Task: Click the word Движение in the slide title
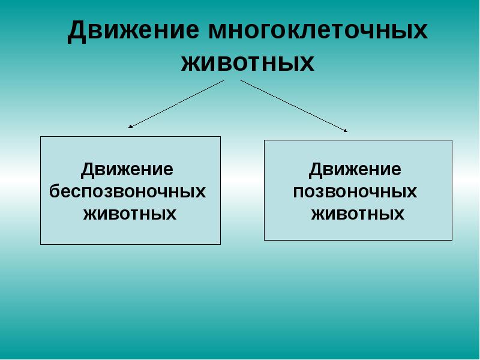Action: pos(133,31)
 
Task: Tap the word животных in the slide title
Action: pos(248,62)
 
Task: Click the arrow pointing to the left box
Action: pos(177,103)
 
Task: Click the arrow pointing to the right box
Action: pos(294,105)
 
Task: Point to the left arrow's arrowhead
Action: pos(131,127)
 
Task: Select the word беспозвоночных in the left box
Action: pos(127,191)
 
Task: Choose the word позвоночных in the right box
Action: pos(355,191)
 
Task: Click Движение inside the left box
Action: pos(127,170)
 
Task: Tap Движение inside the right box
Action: pos(355,170)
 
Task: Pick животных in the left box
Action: pos(130,214)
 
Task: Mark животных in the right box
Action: pos(358,214)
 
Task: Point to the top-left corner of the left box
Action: pos(41,137)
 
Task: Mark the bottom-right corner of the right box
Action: pos(452,240)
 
